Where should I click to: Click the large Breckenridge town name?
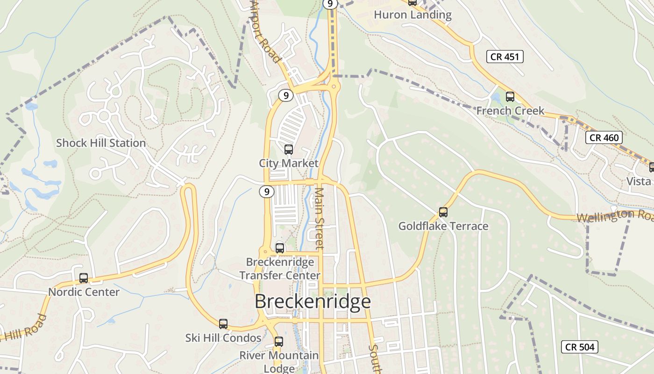[313, 302]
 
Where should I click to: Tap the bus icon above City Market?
[289, 150]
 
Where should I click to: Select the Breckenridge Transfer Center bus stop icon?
[280, 248]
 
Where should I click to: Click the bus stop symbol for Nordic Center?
[84, 278]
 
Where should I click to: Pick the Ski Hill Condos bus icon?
[223, 324]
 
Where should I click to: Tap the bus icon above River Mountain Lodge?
[279, 341]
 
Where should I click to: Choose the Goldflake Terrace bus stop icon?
[443, 212]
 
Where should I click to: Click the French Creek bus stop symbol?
[510, 97]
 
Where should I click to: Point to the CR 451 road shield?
[505, 57]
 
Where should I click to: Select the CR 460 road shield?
[604, 137]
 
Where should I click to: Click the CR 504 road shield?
[579, 347]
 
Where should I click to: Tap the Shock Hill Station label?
[101, 143]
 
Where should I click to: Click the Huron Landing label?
[412, 15]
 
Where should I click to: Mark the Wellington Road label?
[615, 216]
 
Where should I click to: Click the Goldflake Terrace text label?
[443, 226]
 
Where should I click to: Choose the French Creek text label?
[510, 111]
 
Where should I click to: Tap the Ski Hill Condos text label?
[223, 338]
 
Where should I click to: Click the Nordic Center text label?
[84, 292]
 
